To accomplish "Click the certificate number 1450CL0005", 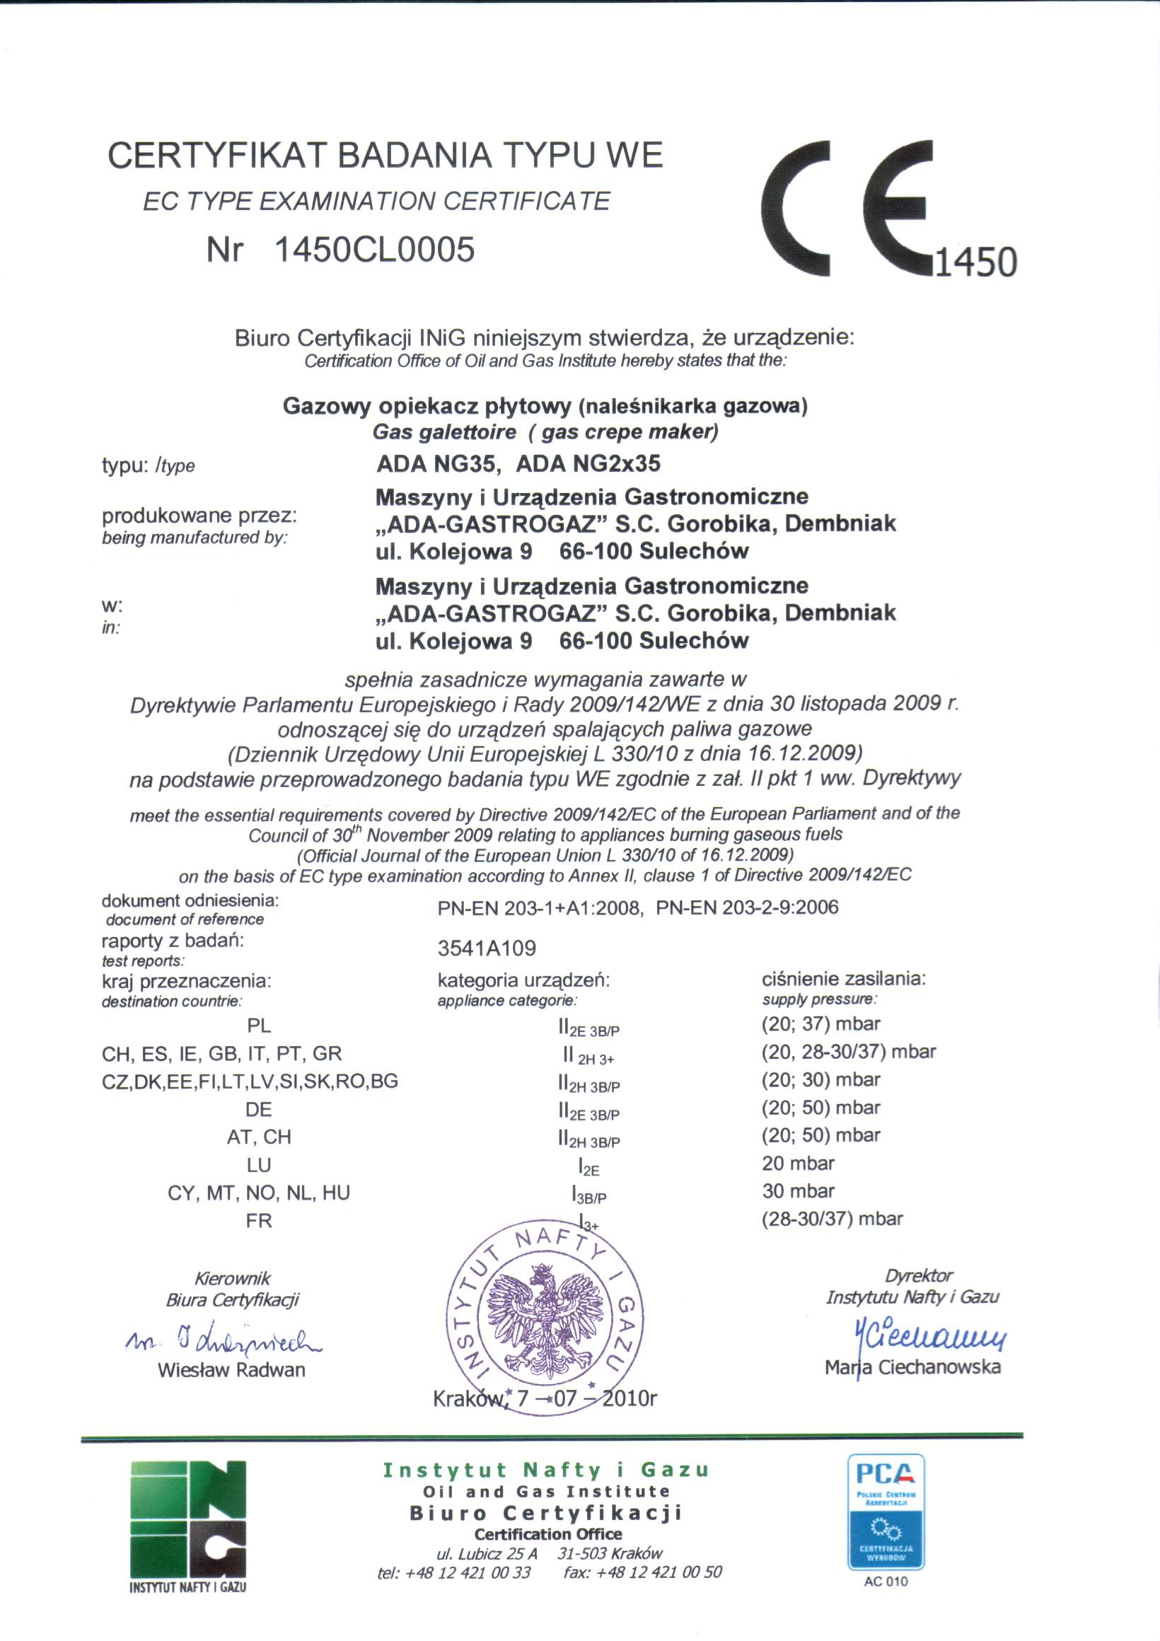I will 374,250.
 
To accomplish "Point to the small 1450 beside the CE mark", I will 975,262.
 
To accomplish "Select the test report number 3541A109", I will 487,949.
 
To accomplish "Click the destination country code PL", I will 259,1026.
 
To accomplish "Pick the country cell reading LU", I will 259,1165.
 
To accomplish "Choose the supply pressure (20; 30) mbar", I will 821,1079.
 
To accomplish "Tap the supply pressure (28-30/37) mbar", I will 833,1219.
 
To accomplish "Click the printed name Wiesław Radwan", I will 231,1370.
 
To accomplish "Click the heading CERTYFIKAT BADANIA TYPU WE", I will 385,155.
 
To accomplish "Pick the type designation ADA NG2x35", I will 588,464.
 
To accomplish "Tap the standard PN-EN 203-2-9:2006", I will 747,908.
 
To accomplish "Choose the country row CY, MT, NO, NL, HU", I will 259,1193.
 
